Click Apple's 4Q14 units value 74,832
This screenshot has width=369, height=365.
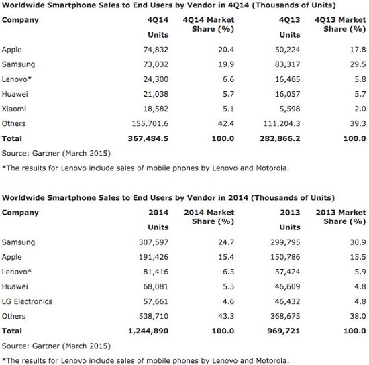tap(156, 50)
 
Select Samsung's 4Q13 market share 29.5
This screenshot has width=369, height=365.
tap(358, 64)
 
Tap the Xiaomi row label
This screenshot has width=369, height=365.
tap(13, 109)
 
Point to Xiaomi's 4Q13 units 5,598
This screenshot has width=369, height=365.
tap(290, 109)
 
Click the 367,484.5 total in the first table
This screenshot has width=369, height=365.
tap(148, 138)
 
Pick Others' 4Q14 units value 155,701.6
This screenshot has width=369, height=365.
tap(150, 123)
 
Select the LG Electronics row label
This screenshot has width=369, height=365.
tap(27, 301)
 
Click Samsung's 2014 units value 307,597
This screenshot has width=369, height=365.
tap(154, 242)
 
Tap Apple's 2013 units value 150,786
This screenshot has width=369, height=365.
tap(285, 257)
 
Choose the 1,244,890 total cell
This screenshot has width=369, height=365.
tap(148, 331)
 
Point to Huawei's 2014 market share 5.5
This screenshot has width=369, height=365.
tap(228, 286)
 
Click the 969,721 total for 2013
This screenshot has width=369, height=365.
tap(284, 331)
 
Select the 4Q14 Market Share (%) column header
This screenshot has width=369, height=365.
tap(209, 24)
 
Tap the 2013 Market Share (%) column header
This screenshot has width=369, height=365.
tap(341, 217)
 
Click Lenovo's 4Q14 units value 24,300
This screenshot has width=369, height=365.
tap(156, 79)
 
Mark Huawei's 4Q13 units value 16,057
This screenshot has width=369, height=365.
tap(288, 94)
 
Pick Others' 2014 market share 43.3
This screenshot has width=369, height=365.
tap(226, 316)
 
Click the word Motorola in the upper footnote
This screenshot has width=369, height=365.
tap(272, 168)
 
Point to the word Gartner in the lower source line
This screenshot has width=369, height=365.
tap(46, 346)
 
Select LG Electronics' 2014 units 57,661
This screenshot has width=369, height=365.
tap(156, 301)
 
